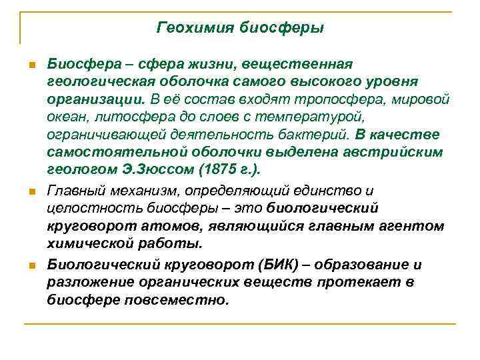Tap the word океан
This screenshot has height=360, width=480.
click(65, 117)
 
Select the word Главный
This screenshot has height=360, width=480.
click(74, 192)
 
